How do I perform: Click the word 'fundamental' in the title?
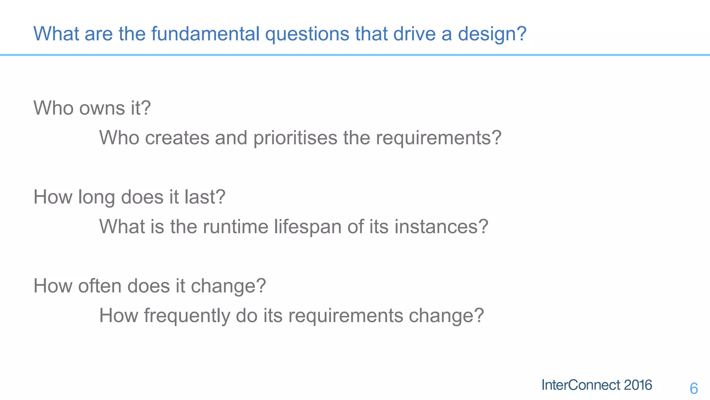click(x=205, y=34)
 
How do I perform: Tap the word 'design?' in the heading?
click(x=492, y=34)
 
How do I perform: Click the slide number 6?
click(x=694, y=388)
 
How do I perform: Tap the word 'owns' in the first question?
click(x=102, y=108)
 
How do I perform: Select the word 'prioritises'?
click(x=295, y=138)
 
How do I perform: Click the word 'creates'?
click(x=177, y=137)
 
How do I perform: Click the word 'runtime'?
click(x=235, y=227)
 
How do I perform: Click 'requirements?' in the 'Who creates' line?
click(x=439, y=138)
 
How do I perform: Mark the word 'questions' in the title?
click(x=307, y=34)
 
